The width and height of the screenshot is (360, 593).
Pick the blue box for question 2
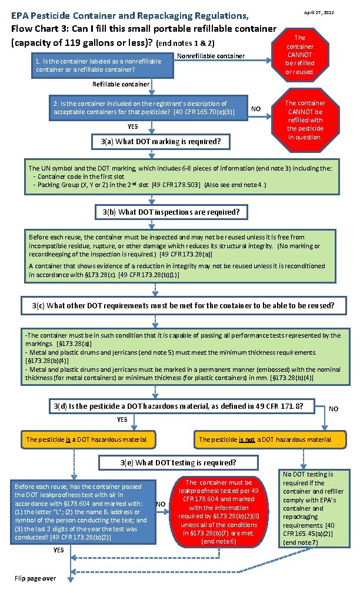tap(147, 108)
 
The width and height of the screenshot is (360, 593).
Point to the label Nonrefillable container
tap(211, 56)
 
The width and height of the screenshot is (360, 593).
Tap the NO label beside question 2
tap(255, 109)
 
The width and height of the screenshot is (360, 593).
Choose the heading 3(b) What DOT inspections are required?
tap(171, 211)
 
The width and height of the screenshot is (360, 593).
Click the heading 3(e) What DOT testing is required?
tap(178, 462)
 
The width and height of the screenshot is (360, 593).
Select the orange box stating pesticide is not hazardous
tap(265, 439)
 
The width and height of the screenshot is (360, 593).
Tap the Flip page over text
tap(35, 578)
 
